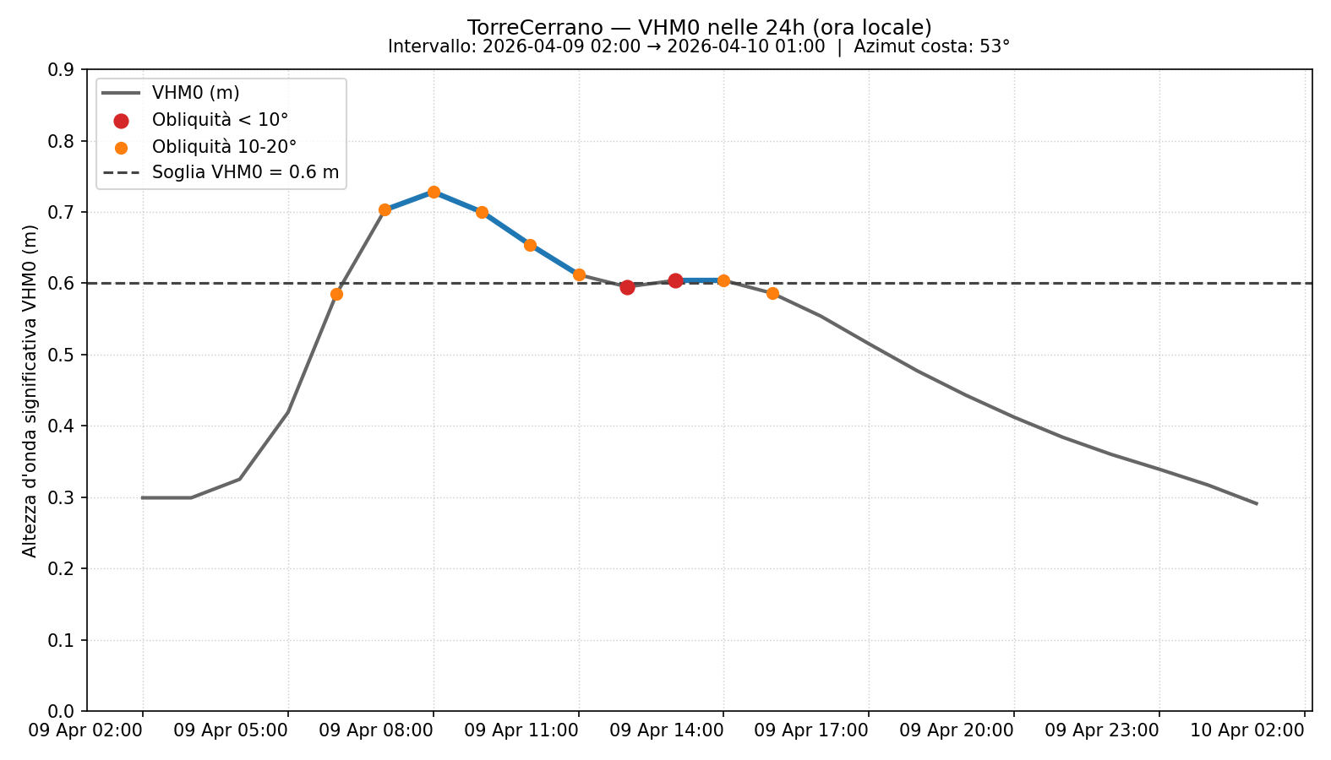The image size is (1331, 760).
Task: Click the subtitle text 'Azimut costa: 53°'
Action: tap(931, 46)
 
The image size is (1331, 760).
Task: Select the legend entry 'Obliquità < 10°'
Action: tap(220, 120)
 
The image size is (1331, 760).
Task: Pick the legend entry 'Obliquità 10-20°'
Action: tap(224, 147)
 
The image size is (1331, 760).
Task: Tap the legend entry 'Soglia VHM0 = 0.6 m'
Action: tap(245, 173)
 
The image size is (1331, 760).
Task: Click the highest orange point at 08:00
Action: tap(434, 192)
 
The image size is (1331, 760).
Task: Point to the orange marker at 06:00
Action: tap(336, 294)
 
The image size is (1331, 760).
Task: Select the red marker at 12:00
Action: tap(627, 287)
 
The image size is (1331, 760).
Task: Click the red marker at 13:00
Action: tap(675, 280)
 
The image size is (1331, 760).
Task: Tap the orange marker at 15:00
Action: tap(772, 293)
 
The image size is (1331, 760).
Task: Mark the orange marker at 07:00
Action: tap(385, 209)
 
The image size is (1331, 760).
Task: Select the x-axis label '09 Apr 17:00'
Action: tap(811, 730)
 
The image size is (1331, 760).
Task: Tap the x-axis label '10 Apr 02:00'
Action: tap(1247, 730)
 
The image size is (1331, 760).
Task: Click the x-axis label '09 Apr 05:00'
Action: tap(231, 730)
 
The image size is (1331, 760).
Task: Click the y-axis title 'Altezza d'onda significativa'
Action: tap(30, 390)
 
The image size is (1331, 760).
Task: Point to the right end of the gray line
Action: tap(1257, 503)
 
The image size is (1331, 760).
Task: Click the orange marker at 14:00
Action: tap(723, 280)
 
